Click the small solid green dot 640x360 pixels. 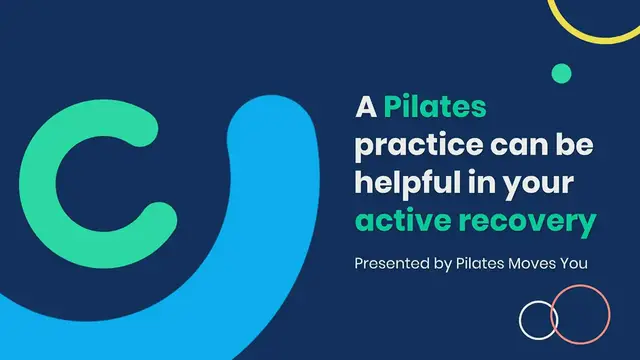coord(561,72)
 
